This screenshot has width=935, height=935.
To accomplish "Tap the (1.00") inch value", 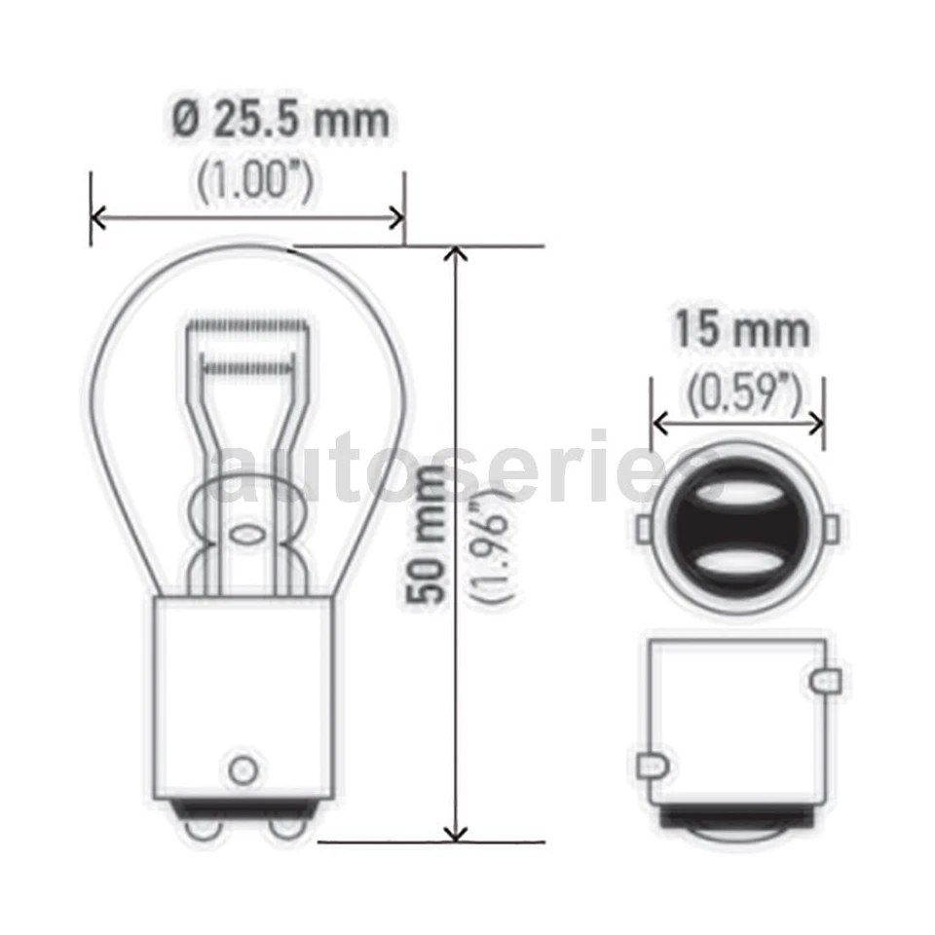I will (x=255, y=182).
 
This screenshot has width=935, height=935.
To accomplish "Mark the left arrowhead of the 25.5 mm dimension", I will (x=98, y=215).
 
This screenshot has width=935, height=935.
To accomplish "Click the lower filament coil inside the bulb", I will (x=244, y=367).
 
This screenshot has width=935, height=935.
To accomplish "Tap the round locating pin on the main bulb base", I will (x=241, y=768).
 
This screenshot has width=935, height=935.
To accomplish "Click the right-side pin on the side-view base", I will (x=826, y=678).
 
